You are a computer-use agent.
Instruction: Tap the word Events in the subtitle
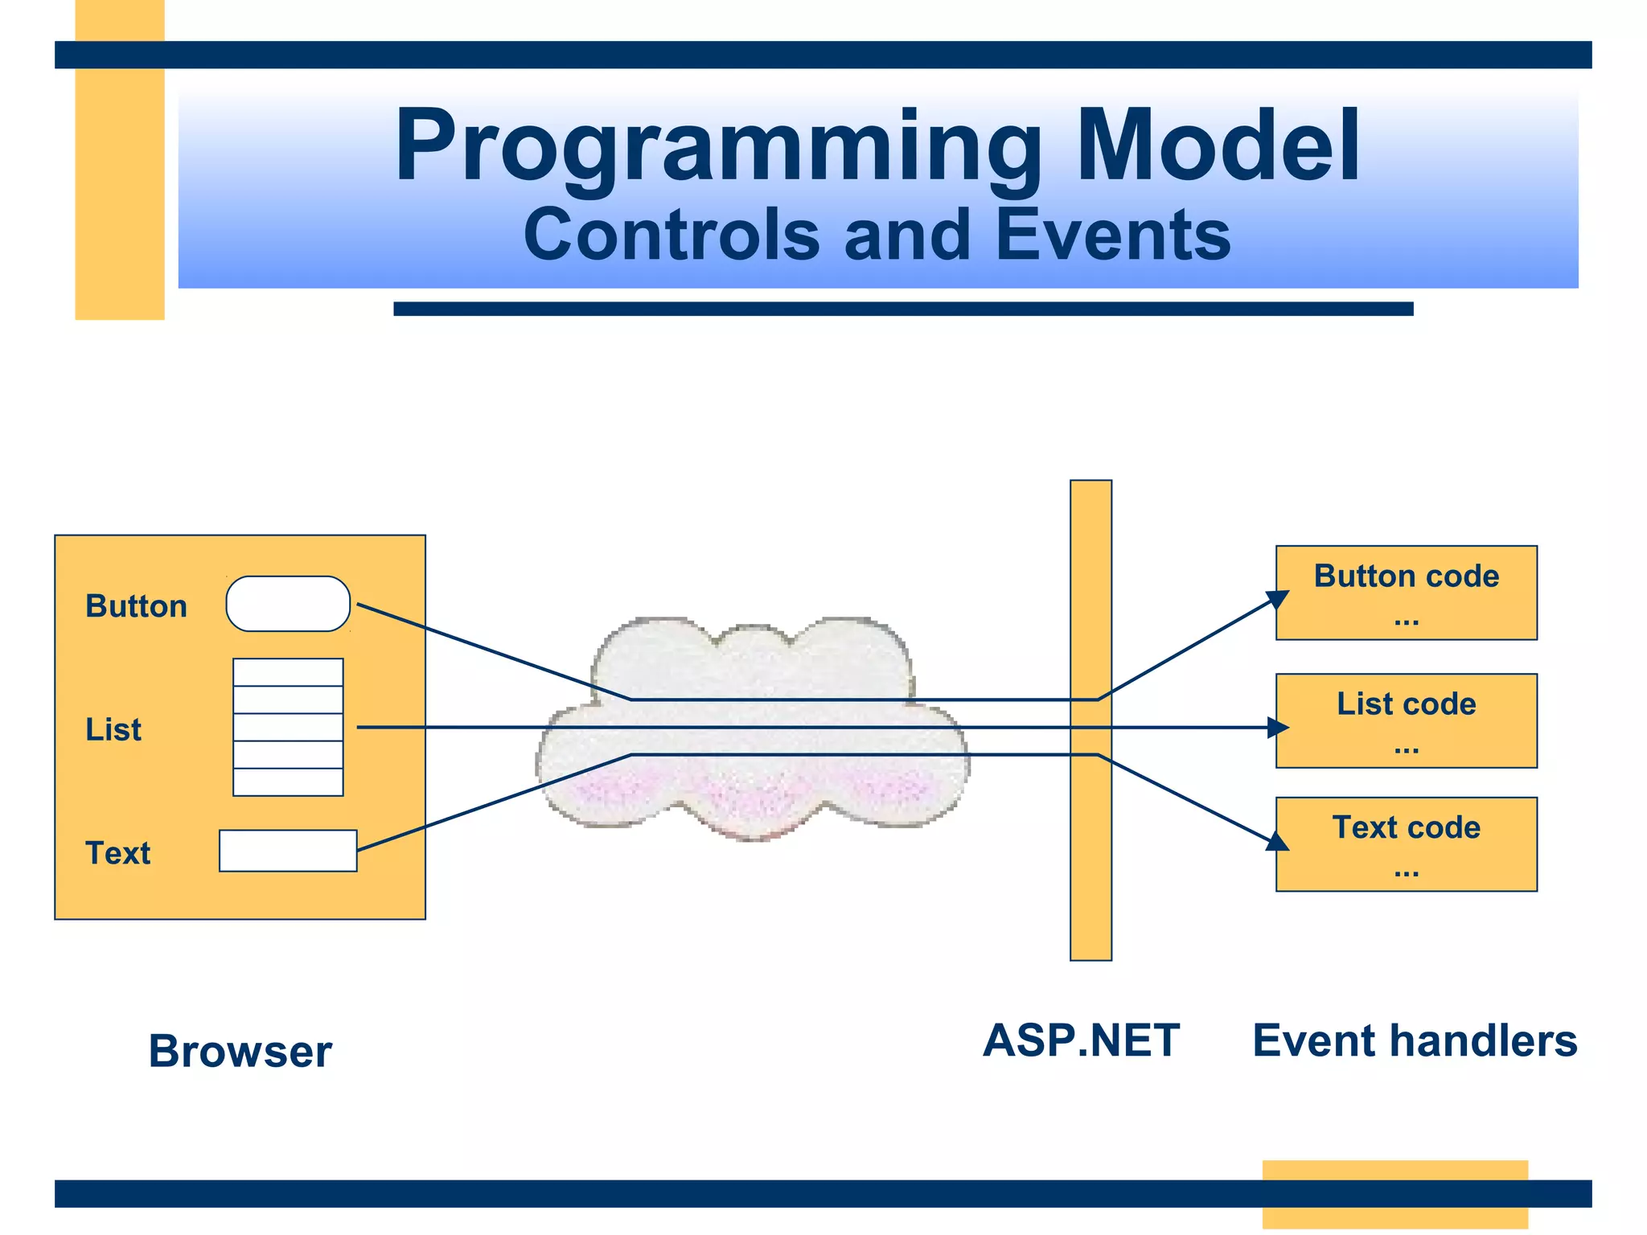(1113, 235)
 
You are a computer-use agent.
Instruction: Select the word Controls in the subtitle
(672, 235)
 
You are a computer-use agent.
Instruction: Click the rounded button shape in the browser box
(288, 604)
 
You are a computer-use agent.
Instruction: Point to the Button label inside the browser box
(136, 606)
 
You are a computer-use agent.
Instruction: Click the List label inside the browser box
(113, 729)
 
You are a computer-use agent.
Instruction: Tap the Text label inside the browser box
(117, 853)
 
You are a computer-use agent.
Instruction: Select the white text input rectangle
(288, 851)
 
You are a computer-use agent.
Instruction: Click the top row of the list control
(288, 672)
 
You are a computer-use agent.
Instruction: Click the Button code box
(1406, 593)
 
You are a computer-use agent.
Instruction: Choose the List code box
(1406, 721)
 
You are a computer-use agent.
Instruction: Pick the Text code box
(1406, 844)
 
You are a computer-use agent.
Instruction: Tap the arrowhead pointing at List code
(1279, 728)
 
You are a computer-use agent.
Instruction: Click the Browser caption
(240, 1051)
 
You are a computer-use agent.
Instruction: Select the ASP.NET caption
(1081, 1040)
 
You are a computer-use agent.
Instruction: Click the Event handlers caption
(1415, 1040)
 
